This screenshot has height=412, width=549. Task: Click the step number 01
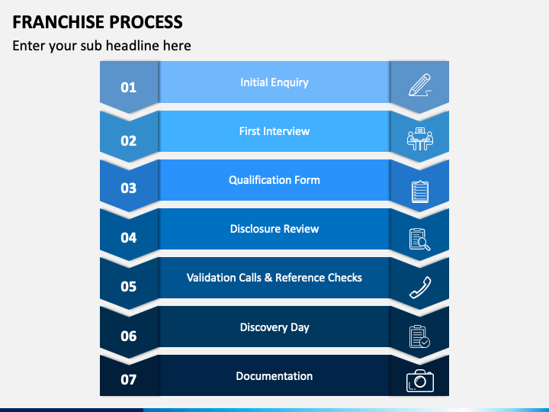[129, 88]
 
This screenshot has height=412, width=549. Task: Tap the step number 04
[129, 238]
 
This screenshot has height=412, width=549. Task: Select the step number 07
[129, 380]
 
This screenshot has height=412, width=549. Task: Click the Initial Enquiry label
[274, 82]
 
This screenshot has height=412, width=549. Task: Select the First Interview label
[274, 131]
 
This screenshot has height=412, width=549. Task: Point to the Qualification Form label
[274, 180]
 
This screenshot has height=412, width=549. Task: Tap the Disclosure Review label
[274, 229]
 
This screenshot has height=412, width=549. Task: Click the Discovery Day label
[274, 327]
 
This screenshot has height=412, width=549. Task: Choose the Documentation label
[274, 376]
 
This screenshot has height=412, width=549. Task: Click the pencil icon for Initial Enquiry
[420, 85]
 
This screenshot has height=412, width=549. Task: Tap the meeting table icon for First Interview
[420, 139]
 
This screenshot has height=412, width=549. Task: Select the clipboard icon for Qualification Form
[420, 192]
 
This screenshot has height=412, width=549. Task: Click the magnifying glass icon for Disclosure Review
[420, 240]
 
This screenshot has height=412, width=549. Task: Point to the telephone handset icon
[420, 288]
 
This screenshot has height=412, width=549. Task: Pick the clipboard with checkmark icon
[419, 336]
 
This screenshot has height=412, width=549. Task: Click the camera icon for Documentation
[420, 381]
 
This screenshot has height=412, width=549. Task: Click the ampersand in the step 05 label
[268, 278]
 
